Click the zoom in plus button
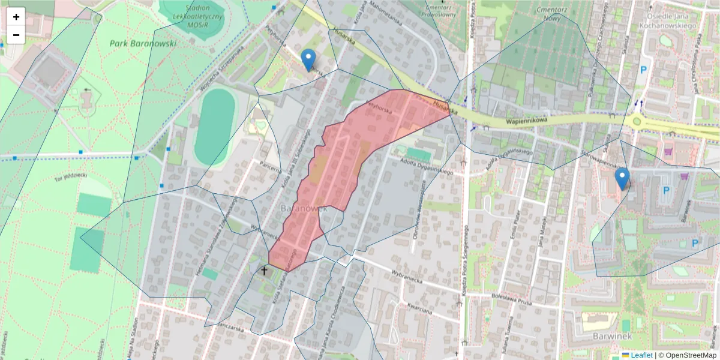[16, 17]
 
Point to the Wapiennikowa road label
[527, 120]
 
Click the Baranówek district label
[303, 208]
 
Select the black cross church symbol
[264, 271]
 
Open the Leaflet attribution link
[641, 355]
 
